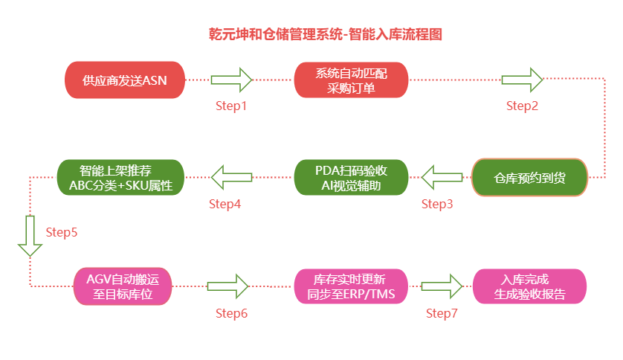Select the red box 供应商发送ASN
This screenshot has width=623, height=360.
click(x=125, y=80)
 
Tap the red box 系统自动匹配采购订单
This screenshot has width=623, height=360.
click(x=352, y=80)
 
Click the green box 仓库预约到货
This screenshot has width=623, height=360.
click(x=529, y=178)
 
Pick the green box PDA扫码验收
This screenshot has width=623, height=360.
click(x=352, y=178)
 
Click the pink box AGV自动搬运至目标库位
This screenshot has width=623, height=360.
click(x=123, y=286)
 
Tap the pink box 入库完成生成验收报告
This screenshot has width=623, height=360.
click(x=529, y=286)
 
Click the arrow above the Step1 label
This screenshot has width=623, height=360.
click(x=232, y=79)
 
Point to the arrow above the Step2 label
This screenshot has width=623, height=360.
click(x=522, y=79)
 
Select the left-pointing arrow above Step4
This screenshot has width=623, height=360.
click(x=232, y=178)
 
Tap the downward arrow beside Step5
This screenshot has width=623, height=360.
click(x=30, y=235)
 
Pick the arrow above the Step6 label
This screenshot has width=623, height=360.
click(x=227, y=286)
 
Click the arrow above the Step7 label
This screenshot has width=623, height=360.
click(x=442, y=286)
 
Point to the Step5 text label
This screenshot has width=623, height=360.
click(x=62, y=232)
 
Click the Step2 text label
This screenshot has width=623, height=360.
click(x=522, y=106)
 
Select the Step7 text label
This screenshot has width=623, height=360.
click(x=442, y=313)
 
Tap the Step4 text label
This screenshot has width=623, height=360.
click(x=225, y=203)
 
